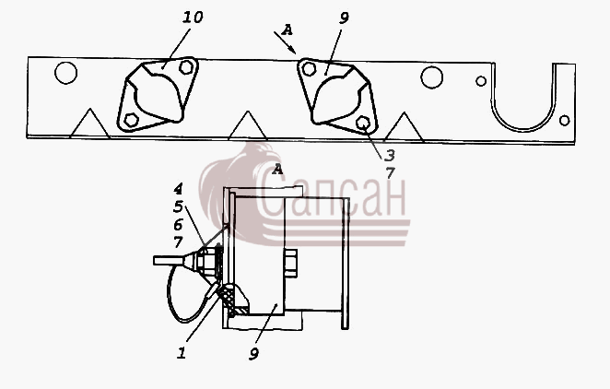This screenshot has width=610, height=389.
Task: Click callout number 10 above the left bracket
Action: (193, 18)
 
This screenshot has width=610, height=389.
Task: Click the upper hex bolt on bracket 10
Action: (186, 67)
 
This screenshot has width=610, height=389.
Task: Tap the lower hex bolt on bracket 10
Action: (132, 120)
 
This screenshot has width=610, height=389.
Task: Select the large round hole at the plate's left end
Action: (65, 73)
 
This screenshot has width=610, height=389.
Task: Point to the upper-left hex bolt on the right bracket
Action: (309, 69)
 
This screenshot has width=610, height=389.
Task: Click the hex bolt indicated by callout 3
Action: (362, 123)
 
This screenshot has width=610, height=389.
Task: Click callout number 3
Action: (389, 156)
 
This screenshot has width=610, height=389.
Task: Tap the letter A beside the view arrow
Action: (287, 29)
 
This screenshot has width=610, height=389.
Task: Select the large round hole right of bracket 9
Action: (432, 77)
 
